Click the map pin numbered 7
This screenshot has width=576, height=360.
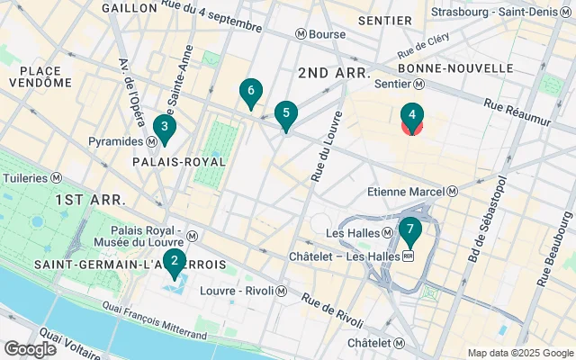(x=409, y=233)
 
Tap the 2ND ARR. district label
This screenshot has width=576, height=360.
(x=333, y=71)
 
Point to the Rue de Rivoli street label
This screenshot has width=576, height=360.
(x=332, y=311)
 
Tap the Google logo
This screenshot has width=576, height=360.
(x=30, y=348)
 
